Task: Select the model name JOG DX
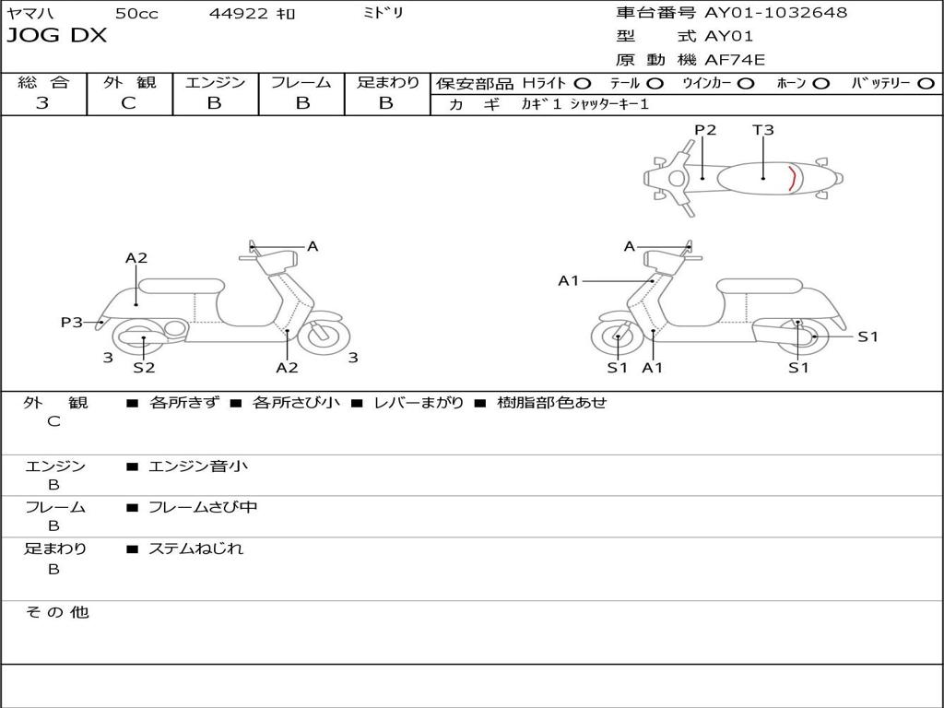(x=57, y=36)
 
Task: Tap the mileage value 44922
(x=239, y=14)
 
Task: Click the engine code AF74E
(x=735, y=60)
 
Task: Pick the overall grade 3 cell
(x=42, y=103)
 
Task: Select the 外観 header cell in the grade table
(x=129, y=82)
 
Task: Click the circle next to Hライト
(x=583, y=83)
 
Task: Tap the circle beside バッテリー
(x=925, y=83)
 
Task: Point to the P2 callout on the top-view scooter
(x=705, y=130)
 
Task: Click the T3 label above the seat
(x=763, y=130)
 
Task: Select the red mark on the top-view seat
(x=792, y=177)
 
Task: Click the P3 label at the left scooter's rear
(x=71, y=322)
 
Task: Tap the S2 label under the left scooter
(x=144, y=368)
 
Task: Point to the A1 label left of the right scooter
(x=569, y=280)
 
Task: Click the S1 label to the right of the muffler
(x=867, y=336)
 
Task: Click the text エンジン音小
(x=198, y=466)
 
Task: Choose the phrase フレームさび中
(x=203, y=507)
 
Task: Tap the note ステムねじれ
(x=196, y=549)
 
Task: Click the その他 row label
(x=57, y=612)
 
